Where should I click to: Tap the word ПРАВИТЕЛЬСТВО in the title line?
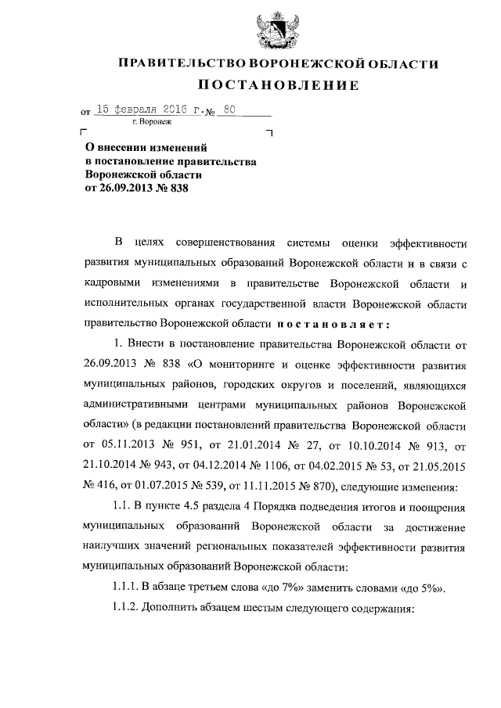coord(181,63)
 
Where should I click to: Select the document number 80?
coord(229,112)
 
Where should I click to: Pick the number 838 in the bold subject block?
coord(178,189)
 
